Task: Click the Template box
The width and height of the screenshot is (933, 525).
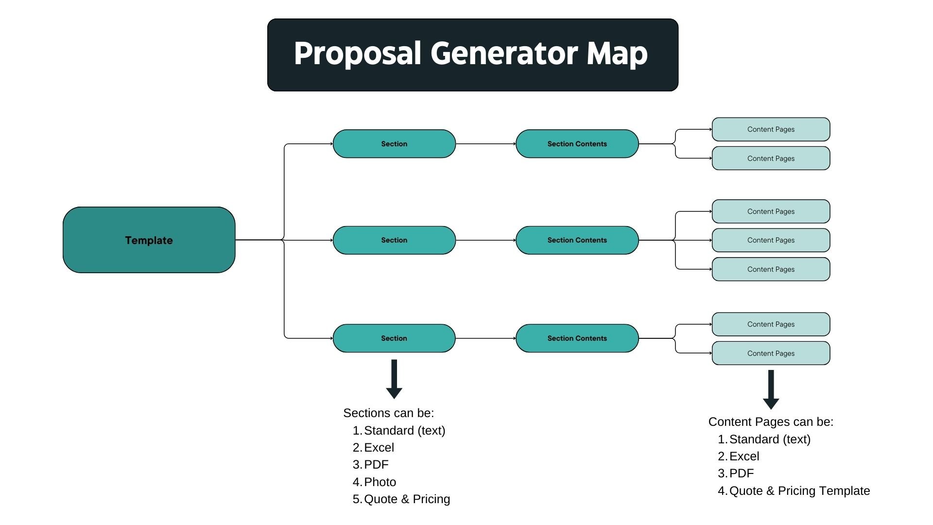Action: pyautogui.click(x=149, y=240)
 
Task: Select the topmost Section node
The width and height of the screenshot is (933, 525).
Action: pyautogui.click(x=394, y=144)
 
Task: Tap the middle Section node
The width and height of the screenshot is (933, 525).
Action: pyautogui.click(x=394, y=240)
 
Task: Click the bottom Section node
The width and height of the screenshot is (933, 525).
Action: pyautogui.click(x=394, y=338)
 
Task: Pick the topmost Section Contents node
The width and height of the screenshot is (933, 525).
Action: pyautogui.click(x=577, y=144)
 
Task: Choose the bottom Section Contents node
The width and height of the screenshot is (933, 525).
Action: pyautogui.click(x=577, y=338)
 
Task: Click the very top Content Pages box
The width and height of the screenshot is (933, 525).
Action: pyautogui.click(x=771, y=129)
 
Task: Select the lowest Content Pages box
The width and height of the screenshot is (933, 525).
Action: pyautogui.click(x=771, y=353)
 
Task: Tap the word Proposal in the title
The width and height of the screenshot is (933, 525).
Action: pyautogui.click(x=357, y=53)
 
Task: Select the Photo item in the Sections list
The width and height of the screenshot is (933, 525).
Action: pyautogui.click(x=380, y=482)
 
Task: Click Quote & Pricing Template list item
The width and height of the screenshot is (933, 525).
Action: pyautogui.click(x=799, y=491)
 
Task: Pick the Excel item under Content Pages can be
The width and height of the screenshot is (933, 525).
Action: pyautogui.click(x=744, y=456)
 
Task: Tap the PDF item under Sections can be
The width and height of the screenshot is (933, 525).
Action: pyautogui.click(x=376, y=465)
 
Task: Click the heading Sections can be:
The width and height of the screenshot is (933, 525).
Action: pyautogui.click(x=388, y=413)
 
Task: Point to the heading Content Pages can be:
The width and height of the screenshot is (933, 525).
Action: pyautogui.click(x=771, y=422)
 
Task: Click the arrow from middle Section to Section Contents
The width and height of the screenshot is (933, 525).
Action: pyautogui.click(x=485, y=240)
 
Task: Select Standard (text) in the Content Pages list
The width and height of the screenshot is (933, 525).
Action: pyautogui.click(x=770, y=439)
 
